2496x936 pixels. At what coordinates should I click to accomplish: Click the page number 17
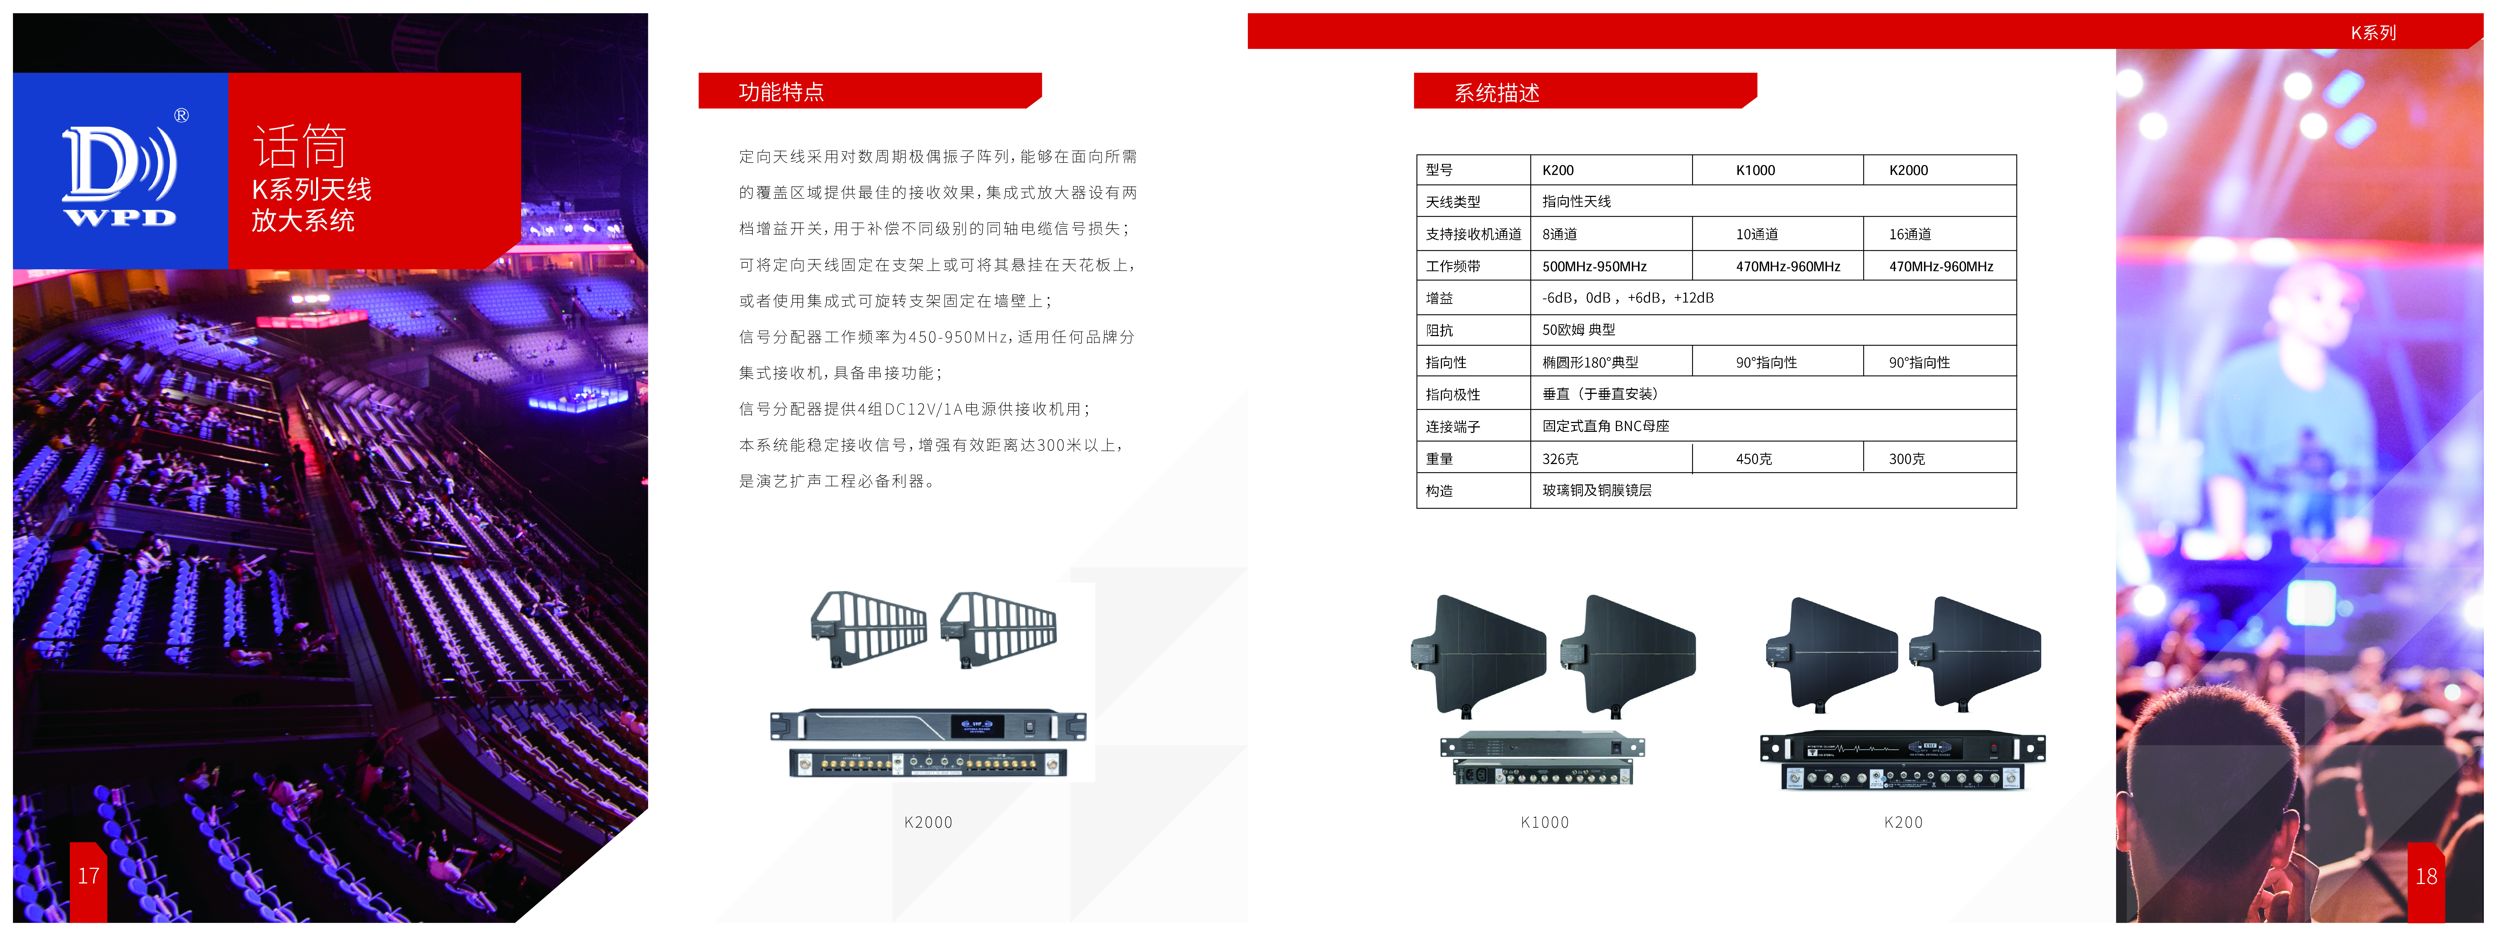coord(88,876)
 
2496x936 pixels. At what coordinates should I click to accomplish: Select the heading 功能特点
coord(781,92)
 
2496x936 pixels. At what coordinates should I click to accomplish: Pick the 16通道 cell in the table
coord(1910,235)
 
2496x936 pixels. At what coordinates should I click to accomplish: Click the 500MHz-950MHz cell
coord(1594,267)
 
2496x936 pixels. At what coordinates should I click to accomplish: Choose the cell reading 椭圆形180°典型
coord(1590,363)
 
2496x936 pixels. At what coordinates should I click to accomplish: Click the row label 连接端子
coord(1452,426)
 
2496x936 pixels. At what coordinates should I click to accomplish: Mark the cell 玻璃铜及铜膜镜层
coord(1597,490)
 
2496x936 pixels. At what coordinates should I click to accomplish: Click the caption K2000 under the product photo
coord(928,823)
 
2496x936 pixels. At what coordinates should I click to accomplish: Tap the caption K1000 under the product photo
coord(1545,823)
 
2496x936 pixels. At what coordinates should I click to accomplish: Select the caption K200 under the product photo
coord(1903,823)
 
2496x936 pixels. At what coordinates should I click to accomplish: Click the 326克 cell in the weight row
coord(1560,459)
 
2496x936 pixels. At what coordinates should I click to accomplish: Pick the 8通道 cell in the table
coord(1560,235)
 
